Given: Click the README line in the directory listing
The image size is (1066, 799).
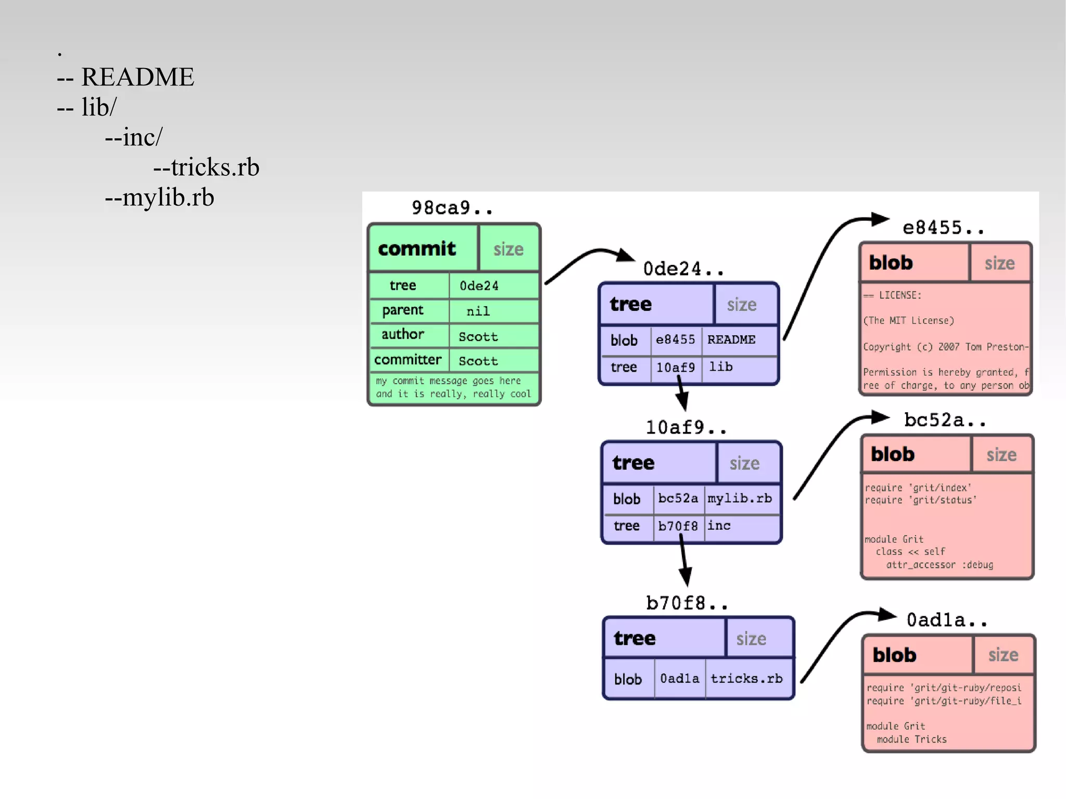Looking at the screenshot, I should [x=137, y=77].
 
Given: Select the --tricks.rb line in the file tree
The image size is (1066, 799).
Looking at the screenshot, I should [x=206, y=167].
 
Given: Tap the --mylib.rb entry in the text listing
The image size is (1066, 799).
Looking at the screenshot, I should [x=159, y=197].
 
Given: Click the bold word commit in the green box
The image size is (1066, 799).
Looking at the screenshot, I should [x=416, y=249].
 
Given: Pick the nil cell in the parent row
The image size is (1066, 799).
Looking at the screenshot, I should [x=478, y=311].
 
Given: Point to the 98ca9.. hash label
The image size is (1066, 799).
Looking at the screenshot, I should [x=452, y=208].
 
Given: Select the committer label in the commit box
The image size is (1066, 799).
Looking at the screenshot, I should [x=408, y=360].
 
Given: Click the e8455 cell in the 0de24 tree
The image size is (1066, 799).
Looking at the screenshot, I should [x=675, y=340].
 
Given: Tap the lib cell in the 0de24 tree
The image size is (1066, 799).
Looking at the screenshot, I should [x=721, y=367].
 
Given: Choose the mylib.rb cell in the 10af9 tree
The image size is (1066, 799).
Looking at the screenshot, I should [x=740, y=498].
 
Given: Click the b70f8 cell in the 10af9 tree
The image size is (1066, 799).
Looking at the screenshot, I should [x=678, y=526].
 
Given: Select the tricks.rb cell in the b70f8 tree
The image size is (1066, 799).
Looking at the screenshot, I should [x=746, y=679].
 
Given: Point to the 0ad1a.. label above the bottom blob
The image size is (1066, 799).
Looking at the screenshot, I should [x=946, y=620].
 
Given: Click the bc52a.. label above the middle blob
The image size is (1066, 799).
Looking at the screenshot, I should [x=945, y=420].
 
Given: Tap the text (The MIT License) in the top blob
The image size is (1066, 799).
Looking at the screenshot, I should [x=909, y=321].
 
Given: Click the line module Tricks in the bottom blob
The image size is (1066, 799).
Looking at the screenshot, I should [x=911, y=739].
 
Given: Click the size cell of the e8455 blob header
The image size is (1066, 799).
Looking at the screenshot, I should [x=999, y=263].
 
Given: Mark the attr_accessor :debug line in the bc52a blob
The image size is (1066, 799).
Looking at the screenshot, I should [x=940, y=565].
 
